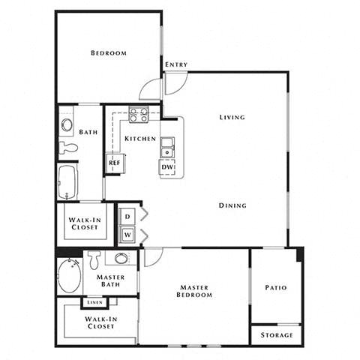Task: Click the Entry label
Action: [176, 64]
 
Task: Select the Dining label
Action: [232, 205]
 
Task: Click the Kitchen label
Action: [140, 139]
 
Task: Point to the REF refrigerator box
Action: [115, 162]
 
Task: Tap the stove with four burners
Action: [138, 115]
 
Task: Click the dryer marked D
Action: [128, 216]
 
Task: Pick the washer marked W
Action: [128, 234]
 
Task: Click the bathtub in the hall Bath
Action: [67, 181]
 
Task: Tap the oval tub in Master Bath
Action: [68, 275]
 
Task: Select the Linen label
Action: [94, 302]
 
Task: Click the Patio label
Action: [275, 287]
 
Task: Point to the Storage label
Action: [276, 334]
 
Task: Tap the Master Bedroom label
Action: [195, 291]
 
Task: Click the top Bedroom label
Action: [108, 53]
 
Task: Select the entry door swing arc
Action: [150, 89]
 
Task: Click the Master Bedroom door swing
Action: [153, 257]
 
